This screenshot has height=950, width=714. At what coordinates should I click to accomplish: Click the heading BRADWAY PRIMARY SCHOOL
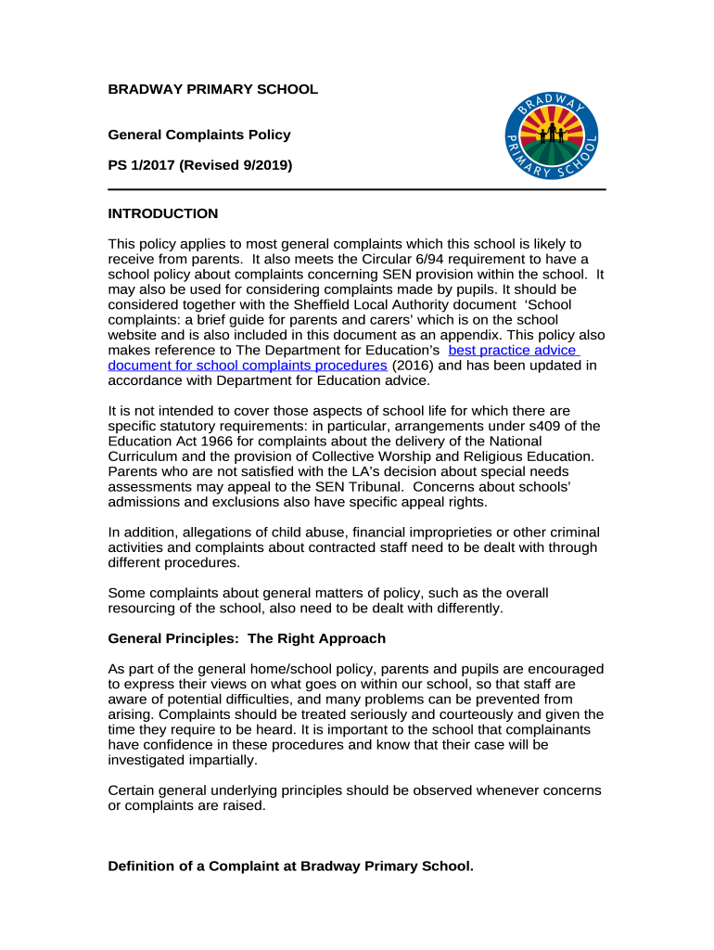(212, 90)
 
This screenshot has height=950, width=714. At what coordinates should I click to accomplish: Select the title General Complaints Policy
(199, 135)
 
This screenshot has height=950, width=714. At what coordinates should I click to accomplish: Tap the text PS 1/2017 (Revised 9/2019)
(200, 165)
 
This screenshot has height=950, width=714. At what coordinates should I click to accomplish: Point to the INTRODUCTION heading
(163, 213)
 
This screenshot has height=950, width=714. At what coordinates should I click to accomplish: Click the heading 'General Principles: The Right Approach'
(247, 638)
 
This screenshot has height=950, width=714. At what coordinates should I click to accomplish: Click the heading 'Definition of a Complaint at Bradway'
(290, 866)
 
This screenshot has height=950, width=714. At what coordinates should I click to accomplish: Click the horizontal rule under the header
(357, 189)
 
